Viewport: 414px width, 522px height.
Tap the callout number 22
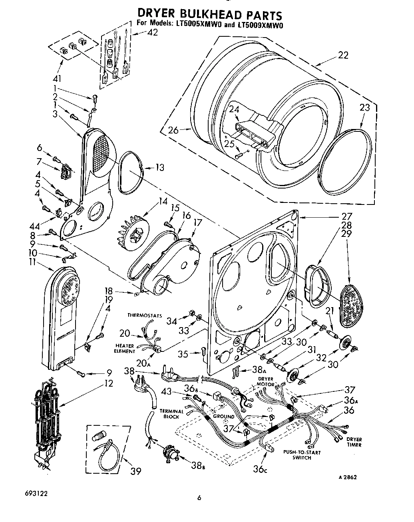pos(343,55)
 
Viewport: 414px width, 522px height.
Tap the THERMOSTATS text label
pos(145,315)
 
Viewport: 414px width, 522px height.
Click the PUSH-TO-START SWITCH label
pos(302,455)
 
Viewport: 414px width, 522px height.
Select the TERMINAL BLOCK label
pos(171,413)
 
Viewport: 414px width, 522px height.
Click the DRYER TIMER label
pos(354,442)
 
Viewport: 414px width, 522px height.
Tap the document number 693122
pos(36,493)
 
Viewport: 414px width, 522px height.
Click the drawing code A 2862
pos(347,477)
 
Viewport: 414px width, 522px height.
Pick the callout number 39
pos(135,471)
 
